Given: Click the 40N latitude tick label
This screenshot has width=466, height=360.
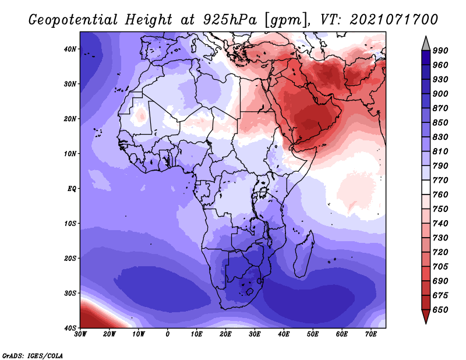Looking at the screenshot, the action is pyautogui.click(x=70, y=49).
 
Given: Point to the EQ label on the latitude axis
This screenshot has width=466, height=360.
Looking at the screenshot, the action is pyautogui.click(x=72, y=189).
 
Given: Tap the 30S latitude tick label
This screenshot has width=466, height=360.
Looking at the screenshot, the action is pyautogui.click(x=70, y=294).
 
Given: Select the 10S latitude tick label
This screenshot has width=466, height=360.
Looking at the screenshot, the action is pyautogui.click(x=70, y=224).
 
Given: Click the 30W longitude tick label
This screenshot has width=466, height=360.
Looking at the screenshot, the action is pyautogui.click(x=80, y=334).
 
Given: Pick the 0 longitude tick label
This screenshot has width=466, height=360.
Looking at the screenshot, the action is pyautogui.click(x=168, y=334).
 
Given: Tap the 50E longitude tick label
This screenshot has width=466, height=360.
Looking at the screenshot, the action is pyautogui.click(x=313, y=334).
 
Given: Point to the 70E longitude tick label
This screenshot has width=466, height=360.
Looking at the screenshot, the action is pyautogui.click(x=371, y=334).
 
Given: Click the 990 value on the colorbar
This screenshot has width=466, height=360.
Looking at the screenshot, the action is pyautogui.click(x=440, y=51).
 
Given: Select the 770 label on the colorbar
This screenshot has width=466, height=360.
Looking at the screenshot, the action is pyautogui.click(x=440, y=181).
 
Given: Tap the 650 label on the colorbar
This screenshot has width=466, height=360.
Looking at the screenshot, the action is pyautogui.click(x=440, y=310).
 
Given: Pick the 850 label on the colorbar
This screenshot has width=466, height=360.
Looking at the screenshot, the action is pyautogui.click(x=440, y=123).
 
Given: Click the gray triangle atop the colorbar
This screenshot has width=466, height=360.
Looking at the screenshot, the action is pyautogui.click(x=426, y=45).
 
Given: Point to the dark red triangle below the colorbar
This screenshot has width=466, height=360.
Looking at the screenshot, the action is pyautogui.click(x=426, y=315).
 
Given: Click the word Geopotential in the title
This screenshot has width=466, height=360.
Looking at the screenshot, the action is pyautogui.click(x=73, y=20).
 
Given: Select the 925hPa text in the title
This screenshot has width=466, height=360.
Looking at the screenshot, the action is pyautogui.click(x=230, y=20).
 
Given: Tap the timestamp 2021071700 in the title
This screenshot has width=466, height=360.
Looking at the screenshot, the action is pyautogui.click(x=394, y=20).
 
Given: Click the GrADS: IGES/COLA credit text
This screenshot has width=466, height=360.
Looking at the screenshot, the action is pyautogui.click(x=33, y=356).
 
